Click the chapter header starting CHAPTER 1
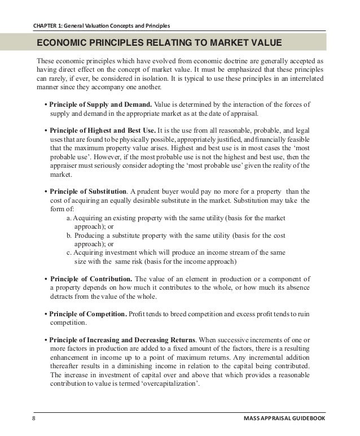pos(102,25)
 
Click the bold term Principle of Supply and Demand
pos(100,104)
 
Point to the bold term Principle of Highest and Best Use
pos(103,130)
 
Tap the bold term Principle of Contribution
pos(91,279)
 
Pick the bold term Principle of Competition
pos(88,313)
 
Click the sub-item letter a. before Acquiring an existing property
pos(69,218)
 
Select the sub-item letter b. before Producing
pos(69,235)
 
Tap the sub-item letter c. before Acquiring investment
pos(69,252)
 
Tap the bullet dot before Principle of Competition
pos(45,313)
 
